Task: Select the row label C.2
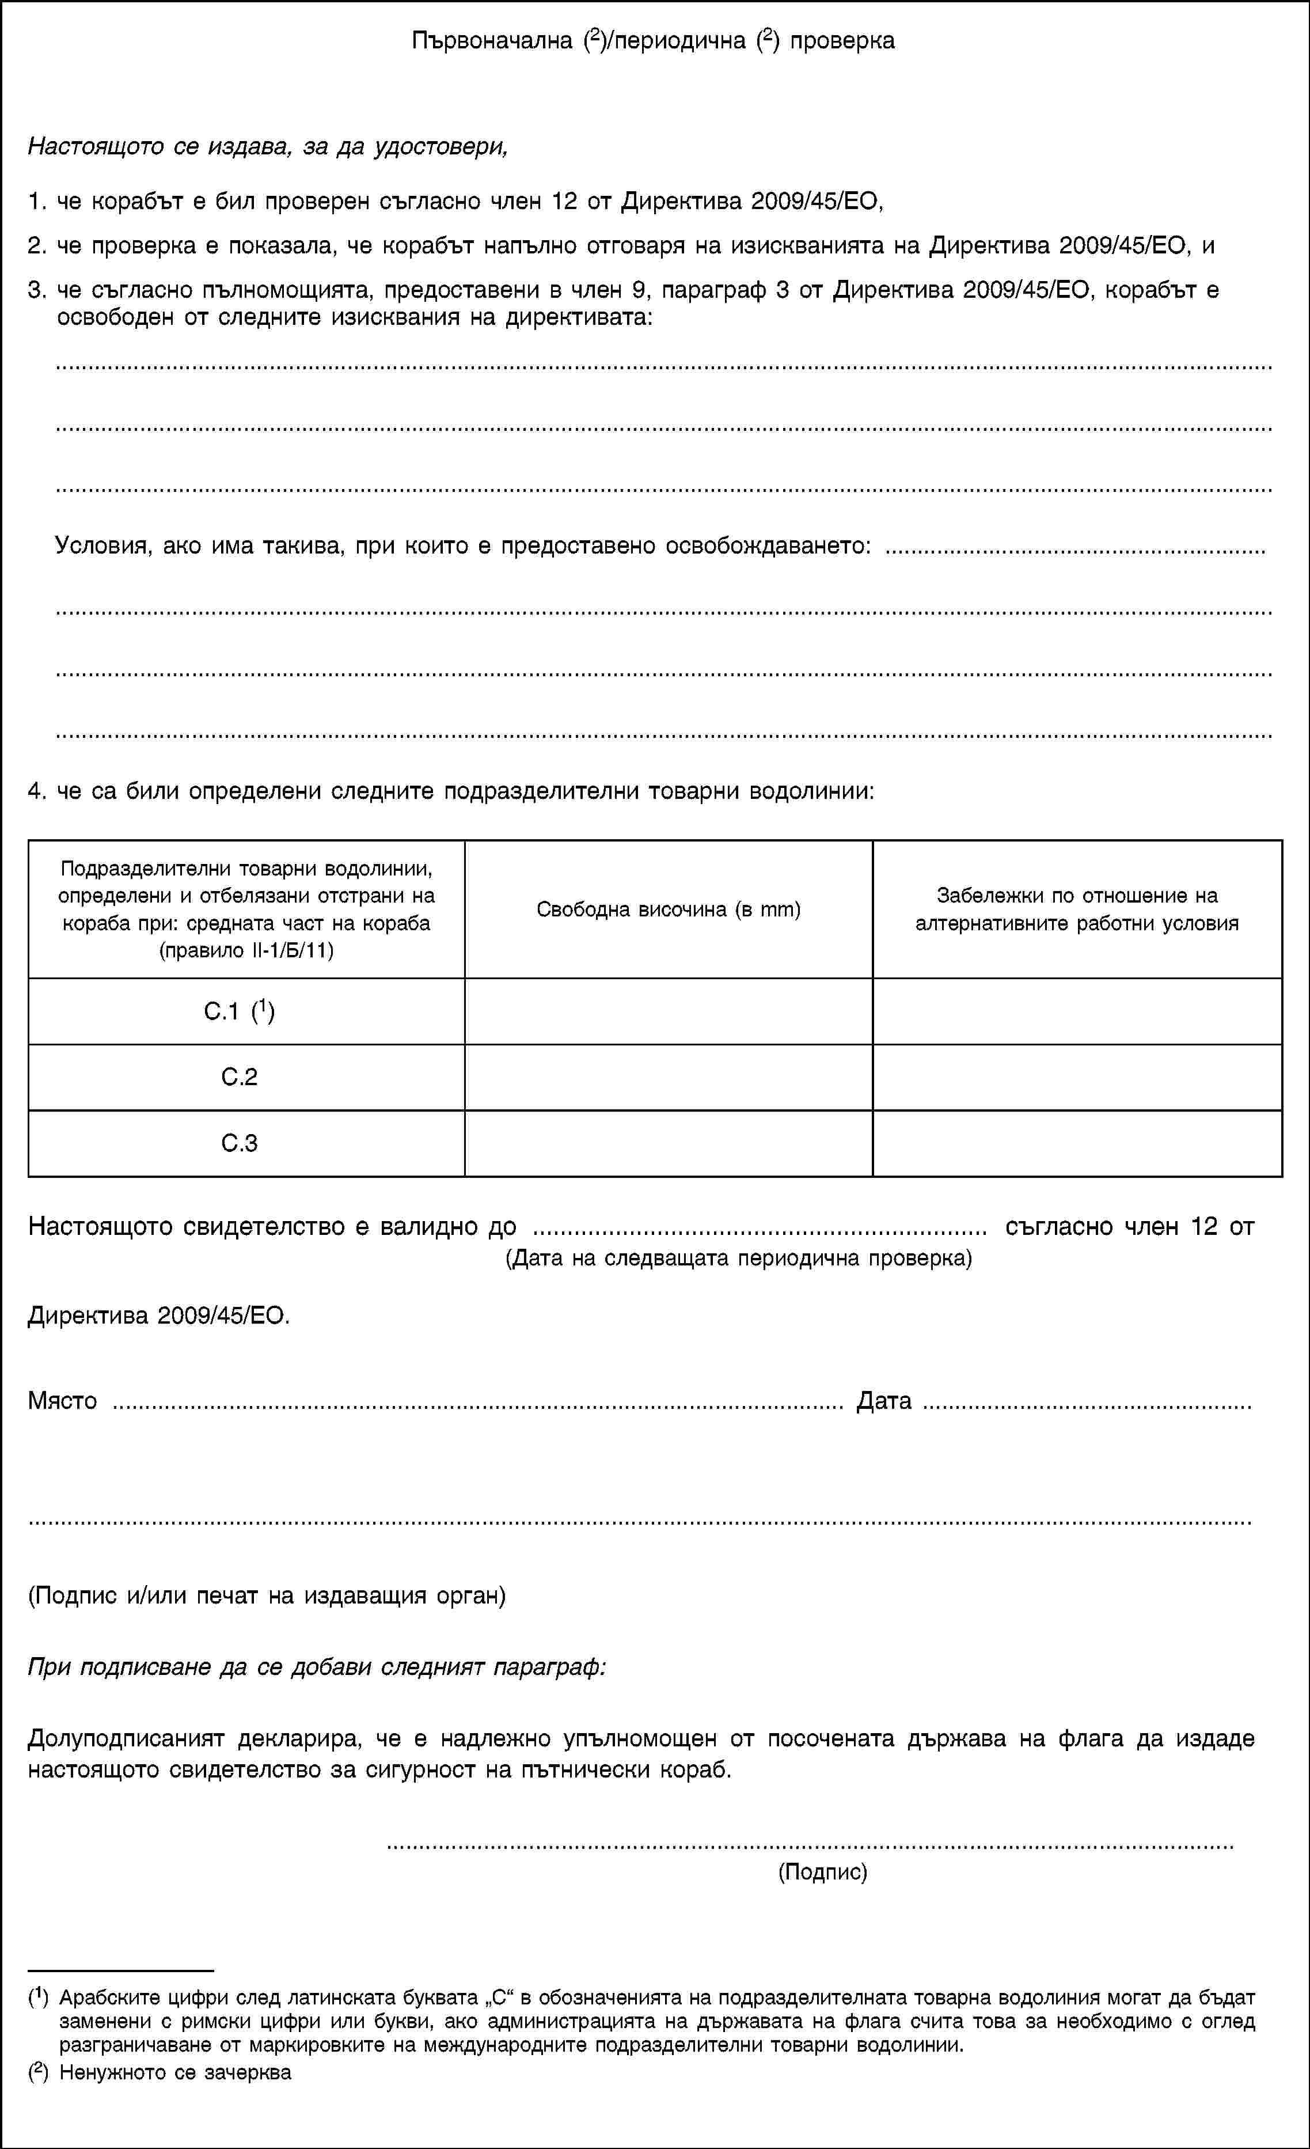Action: [239, 1077]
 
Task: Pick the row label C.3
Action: [239, 1143]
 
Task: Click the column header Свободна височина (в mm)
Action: [668, 909]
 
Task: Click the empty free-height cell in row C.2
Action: [668, 1077]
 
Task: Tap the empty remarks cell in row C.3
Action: [1077, 1143]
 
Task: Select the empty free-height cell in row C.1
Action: [668, 1011]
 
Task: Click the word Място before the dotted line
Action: [63, 1401]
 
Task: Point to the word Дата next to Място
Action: [883, 1401]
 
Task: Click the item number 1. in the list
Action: [37, 202]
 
